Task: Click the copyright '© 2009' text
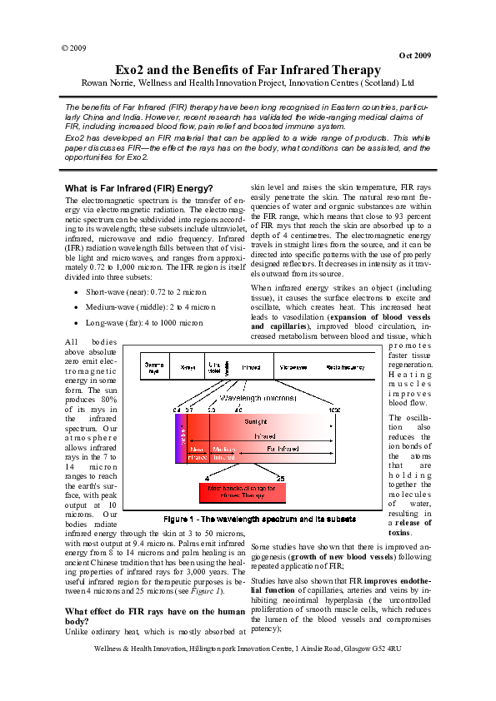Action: (74, 48)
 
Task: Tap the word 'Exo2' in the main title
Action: (133, 70)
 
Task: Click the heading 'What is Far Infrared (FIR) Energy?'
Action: (139, 187)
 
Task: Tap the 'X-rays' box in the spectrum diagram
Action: (188, 366)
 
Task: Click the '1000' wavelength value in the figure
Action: (334, 410)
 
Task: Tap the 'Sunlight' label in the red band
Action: (256, 422)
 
